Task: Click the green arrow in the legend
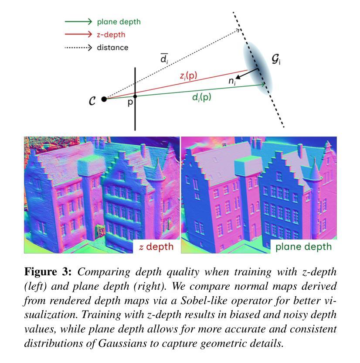pos(78,21)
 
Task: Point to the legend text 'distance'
pos(112,48)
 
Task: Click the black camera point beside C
pos(104,99)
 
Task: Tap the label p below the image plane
pos(130,103)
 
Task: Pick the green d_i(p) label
pos(201,97)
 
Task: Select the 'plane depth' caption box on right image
pos(303,246)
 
